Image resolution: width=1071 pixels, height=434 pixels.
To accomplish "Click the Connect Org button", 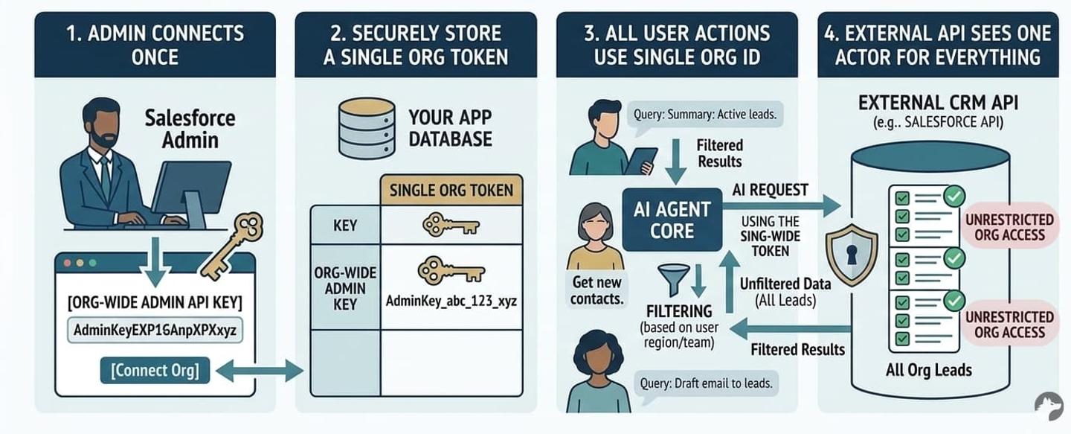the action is click(x=155, y=371).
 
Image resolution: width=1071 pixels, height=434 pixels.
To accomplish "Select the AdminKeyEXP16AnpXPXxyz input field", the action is click(x=155, y=330).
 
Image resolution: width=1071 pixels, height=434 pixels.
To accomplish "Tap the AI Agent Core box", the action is click(x=672, y=220).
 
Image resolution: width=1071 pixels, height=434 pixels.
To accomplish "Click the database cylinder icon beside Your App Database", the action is click(x=367, y=128).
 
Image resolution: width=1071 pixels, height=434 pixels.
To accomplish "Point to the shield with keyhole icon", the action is click(x=852, y=255).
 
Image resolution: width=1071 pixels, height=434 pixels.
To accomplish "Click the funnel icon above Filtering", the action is click(x=674, y=280).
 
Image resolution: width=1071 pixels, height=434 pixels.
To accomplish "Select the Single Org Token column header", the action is click(x=451, y=190).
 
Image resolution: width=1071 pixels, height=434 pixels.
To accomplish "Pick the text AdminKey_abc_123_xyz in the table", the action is click(x=451, y=301).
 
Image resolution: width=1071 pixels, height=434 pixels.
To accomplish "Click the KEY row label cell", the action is click(x=345, y=226).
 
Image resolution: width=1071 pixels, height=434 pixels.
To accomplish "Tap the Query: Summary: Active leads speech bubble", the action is click(x=705, y=115).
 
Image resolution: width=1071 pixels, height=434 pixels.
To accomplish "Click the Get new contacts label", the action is click(x=596, y=290).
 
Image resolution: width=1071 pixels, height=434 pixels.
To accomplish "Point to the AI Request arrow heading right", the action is click(x=782, y=206).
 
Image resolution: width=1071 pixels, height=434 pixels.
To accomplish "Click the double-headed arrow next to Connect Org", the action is click(x=260, y=371).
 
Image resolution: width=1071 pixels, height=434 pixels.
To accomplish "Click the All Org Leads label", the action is click(x=928, y=370).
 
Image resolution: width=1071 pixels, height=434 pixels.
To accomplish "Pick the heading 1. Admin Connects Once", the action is click(x=155, y=45).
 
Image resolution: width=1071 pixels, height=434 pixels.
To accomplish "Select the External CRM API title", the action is click(x=938, y=103).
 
